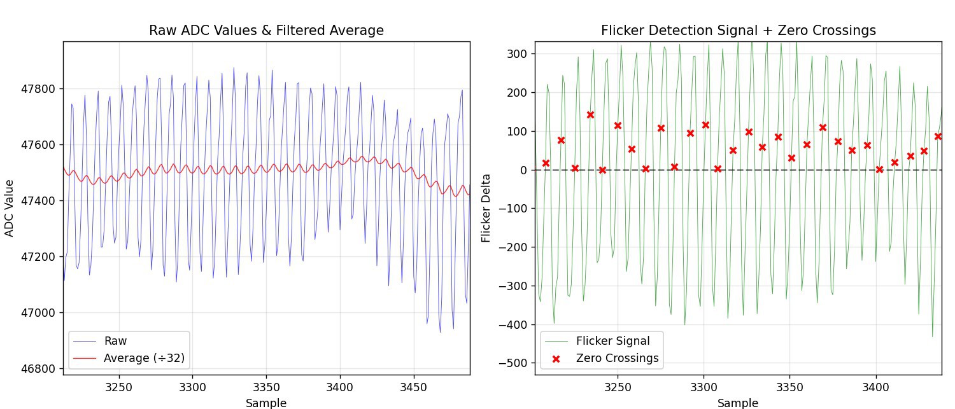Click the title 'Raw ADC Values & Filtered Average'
tap(266, 31)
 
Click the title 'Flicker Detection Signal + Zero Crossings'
tap(739, 31)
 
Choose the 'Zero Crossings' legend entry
tap(617, 358)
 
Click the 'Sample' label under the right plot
tap(738, 403)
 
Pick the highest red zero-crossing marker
tap(590, 115)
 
